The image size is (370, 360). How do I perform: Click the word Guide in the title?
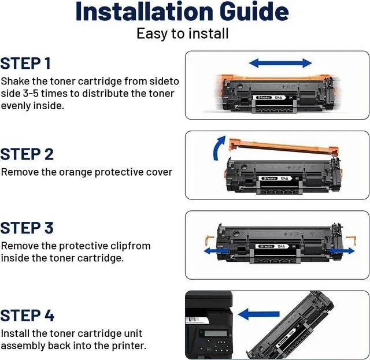point(254,12)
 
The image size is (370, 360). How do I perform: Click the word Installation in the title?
point(145,12)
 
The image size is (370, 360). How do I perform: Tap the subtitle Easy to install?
point(183,34)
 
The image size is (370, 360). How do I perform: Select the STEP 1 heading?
point(25,63)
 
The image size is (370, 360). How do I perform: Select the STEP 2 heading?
point(27,154)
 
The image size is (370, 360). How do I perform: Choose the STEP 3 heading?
point(27,228)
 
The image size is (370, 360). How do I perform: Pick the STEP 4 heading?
point(27,316)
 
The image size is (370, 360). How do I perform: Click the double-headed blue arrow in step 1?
point(280,63)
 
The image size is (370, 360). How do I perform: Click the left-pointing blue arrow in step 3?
point(216,251)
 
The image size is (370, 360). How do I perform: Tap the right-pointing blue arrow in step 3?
point(342,251)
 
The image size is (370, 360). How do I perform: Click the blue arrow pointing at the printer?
point(259,314)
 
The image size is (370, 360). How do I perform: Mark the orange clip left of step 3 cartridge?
point(209,240)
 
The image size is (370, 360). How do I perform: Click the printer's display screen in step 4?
point(216,333)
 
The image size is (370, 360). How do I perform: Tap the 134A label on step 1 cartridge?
point(278,98)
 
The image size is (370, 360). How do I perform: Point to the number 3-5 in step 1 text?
point(31,94)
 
